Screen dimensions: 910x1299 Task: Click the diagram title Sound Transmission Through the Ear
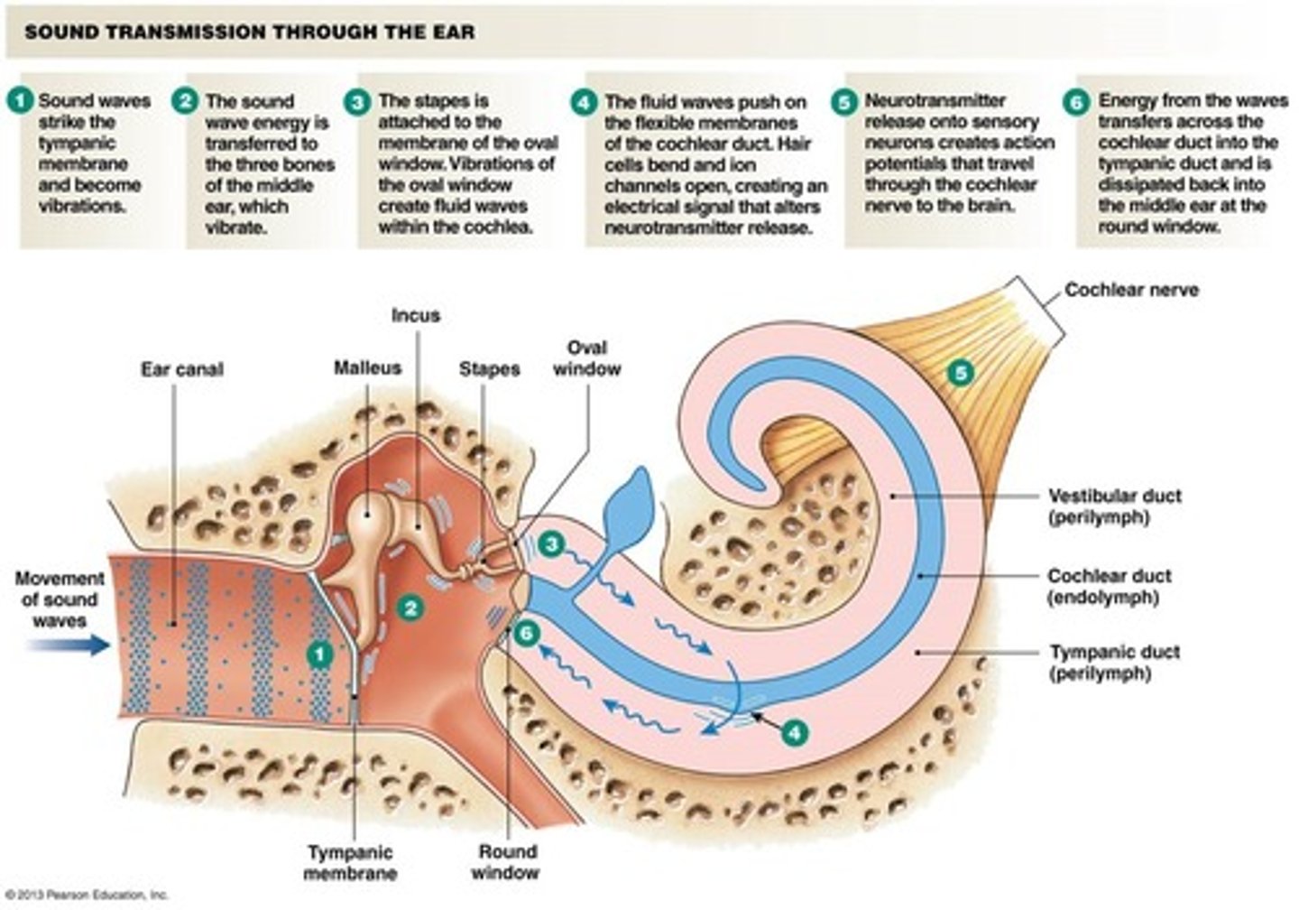(x=249, y=33)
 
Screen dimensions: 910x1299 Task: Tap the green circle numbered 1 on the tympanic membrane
(x=319, y=655)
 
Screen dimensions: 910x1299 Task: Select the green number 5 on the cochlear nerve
(x=961, y=372)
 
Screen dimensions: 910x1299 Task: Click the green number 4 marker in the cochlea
(x=794, y=732)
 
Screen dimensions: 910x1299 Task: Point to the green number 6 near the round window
(x=526, y=634)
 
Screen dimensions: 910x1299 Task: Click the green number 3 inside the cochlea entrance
(x=551, y=543)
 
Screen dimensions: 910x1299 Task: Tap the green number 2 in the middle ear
(x=410, y=607)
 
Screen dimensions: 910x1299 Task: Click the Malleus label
(x=367, y=368)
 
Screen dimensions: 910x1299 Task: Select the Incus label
(x=416, y=316)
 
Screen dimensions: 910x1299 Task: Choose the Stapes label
(x=489, y=369)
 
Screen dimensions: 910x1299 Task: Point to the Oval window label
(x=586, y=358)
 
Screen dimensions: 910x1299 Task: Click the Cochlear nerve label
(x=1131, y=291)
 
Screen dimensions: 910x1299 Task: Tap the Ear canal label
(x=181, y=370)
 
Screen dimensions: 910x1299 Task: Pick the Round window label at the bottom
(x=507, y=862)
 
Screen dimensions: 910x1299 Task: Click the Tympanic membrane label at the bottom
(x=350, y=863)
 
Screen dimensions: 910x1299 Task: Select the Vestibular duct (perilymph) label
(x=1114, y=506)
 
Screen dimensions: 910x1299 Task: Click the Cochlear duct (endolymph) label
(x=1109, y=586)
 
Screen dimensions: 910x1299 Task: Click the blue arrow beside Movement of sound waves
(x=67, y=645)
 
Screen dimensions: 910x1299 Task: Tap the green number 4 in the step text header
(x=585, y=102)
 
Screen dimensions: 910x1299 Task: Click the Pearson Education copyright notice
(x=87, y=896)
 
